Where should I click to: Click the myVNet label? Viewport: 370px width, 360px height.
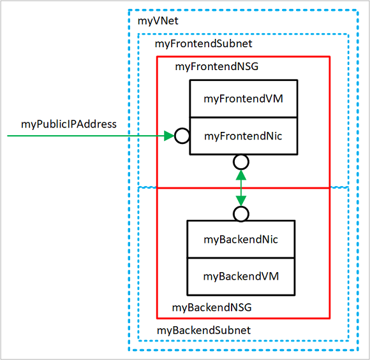click(x=158, y=22)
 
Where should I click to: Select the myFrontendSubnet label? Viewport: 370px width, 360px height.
click(x=204, y=44)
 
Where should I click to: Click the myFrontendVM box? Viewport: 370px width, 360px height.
click(x=243, y=99)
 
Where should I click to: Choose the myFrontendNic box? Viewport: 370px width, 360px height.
click(x=243, y=136)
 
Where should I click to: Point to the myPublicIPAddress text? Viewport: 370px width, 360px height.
click(x=69, y=124)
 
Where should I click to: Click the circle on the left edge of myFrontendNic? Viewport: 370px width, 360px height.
click(x=182, y=136)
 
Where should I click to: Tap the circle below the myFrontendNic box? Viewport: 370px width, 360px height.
click(x=241, y=161)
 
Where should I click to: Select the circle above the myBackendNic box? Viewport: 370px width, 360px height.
click(x=241, y=213)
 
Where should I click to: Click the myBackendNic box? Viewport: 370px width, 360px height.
click(x=241, y=240)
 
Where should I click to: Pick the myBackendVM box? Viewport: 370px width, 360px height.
click(x=241, y=276)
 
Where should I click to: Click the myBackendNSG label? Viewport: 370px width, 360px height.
click(x=212, y=308)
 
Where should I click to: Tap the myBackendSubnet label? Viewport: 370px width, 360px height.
click(x=204, y=330)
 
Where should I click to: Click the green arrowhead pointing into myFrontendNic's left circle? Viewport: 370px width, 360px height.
click(x=169, y=136)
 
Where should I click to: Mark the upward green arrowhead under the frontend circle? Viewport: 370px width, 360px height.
click(x=241, y=174)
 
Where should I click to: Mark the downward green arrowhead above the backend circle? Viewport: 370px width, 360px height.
click(x=241, y=201)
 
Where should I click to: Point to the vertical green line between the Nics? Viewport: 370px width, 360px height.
click(x=241, y=187)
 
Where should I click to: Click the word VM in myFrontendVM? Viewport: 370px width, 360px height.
click(x=275, y=99)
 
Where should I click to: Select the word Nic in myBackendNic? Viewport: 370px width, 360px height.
click(x=269, y=240)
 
